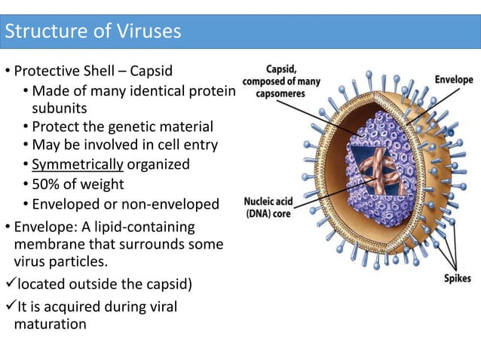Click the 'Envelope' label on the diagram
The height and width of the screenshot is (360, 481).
pos(453,79)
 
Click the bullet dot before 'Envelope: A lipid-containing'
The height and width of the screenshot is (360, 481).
pos(6,227)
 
